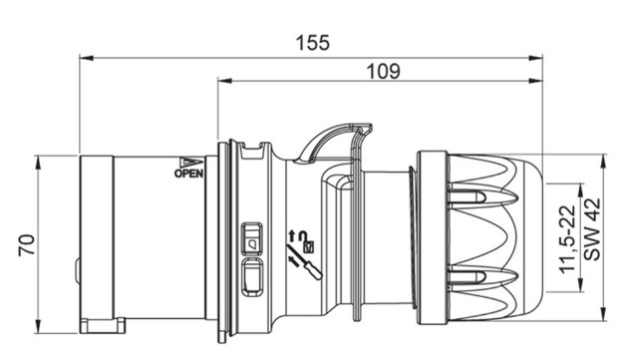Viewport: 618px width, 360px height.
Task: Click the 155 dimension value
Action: [x=313, y=43]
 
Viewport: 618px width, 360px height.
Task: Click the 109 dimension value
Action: [x=383, y=72]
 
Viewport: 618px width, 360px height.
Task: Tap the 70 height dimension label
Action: [x=27, y=245]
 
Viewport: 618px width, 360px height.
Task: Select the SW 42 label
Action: [x=592, y=229]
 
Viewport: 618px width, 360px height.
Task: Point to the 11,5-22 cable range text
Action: [x=567, y=239]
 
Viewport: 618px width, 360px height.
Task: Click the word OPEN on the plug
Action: [x=189, y=174]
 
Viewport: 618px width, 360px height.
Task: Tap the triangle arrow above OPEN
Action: [x=191, y=163]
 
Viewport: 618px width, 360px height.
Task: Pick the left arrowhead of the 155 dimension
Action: [x=87, y=59]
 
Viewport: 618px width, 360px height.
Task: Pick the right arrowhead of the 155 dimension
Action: [x=535, y=59]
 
